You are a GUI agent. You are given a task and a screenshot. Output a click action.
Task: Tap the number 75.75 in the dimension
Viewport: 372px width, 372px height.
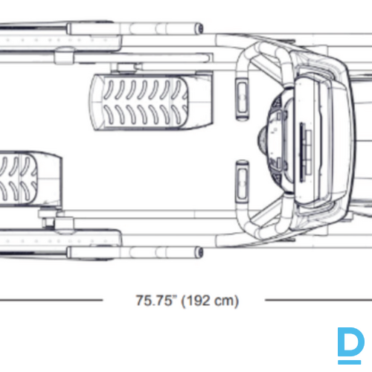(x=154, y=301)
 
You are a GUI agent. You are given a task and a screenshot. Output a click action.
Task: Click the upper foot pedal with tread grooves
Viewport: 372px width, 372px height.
(x=151, y=102)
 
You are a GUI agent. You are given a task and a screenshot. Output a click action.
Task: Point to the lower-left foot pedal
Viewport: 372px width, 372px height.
(x=31, y=179)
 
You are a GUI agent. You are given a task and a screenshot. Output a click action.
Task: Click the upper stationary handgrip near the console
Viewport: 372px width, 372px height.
(x=242, y=99)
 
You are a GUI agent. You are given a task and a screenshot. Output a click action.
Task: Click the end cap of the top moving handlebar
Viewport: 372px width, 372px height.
(x=199, y=28)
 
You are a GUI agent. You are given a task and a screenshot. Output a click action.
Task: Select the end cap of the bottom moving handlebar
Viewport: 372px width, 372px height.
(x=199, y=252)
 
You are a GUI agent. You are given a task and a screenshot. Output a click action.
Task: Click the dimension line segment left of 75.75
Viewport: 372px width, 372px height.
(x=51, y=300)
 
